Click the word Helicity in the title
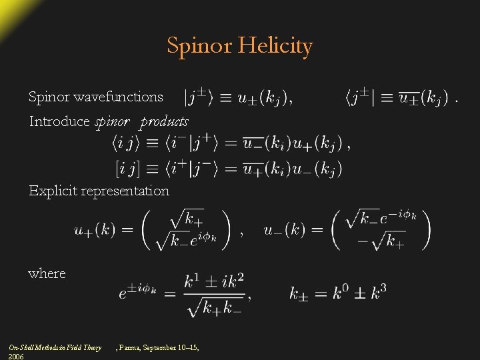(x=278, y=46)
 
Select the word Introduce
(x=59, y=121)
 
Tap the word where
(x=47, y=273)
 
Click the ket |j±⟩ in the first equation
(x=199, y=98)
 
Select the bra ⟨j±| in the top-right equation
(x=361, y=98)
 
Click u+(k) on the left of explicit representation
(x=94, y=230)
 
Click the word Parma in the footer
(x=132, y=347)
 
